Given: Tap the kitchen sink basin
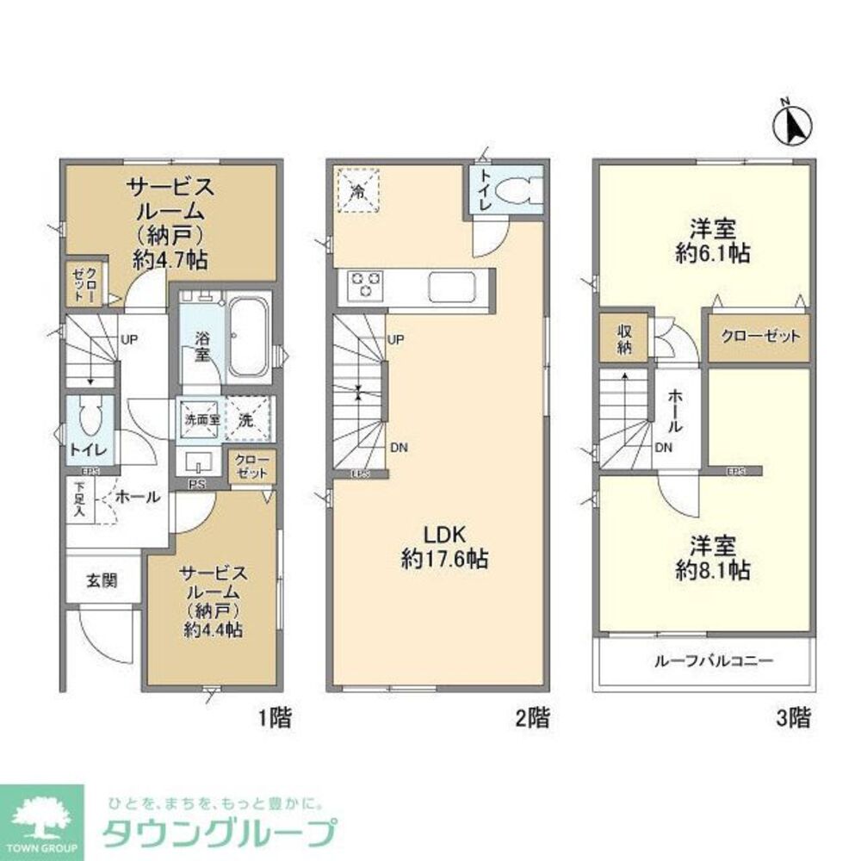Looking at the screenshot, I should [x=448, y=286].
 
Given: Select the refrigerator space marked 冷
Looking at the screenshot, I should [x=356, y=188].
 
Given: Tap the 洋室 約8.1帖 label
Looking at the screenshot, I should [x=712, y=557].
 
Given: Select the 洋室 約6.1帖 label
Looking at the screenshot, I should [x=712, y=241].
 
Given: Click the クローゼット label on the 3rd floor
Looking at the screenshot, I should [x=759, y=337].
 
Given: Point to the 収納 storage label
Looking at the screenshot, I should [x=623, y=339].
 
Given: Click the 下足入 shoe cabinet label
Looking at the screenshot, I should [x=78, y=499].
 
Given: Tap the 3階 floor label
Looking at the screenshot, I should [x=793, y=717].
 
